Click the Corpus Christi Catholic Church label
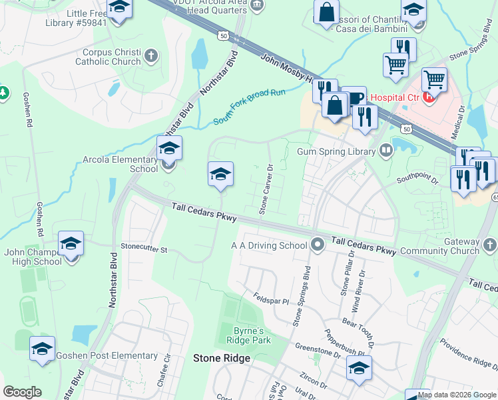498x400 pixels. (x=111, y=57)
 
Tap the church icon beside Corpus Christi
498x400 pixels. (x=152, y=55)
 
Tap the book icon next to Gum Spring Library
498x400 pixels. (x=385, y=149)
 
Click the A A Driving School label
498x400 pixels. (x=269, y=245)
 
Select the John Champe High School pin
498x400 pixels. (x=71, y=244)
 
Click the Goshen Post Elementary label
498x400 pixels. (x=107, y=356)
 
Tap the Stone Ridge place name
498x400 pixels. (x=222, y=358)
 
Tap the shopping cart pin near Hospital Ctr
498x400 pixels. (x=434, y=80)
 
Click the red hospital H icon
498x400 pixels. (x=429, y=97)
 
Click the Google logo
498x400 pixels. (x=22, y=392)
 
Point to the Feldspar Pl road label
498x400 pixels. (x=271, y=298)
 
